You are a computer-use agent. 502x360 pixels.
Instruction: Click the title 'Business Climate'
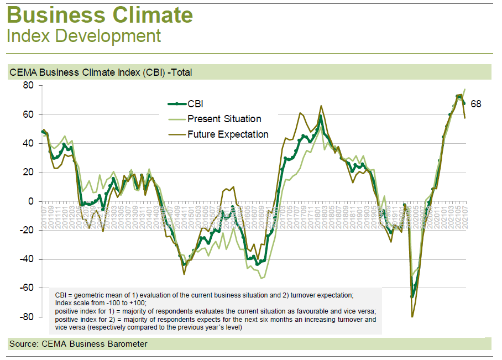click(x=100, y=15)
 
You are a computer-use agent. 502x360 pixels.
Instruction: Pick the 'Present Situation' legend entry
click(x=224, y=119)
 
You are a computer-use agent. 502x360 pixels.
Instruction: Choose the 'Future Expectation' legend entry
click(x=228, y=134)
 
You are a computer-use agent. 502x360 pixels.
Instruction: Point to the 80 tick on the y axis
click(x=28, y=86)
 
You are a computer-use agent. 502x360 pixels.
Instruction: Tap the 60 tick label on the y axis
click(x=28, y=114)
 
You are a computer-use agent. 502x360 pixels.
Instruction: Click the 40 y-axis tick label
click(x=28, y=143)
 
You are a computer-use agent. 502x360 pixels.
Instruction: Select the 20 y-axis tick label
click(x=28, y=173)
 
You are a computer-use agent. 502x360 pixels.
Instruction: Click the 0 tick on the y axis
click(x=31, y=201)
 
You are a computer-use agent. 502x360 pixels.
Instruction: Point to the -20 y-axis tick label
click(x=27, y=230)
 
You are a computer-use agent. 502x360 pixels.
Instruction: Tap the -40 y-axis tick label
click(x=27, y=259)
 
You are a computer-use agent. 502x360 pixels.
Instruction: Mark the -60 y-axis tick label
click(x=27, y=288)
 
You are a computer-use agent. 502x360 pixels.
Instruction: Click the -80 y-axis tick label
click(x=27, y=317)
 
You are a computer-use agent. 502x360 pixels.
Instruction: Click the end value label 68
click(x=475, y=104)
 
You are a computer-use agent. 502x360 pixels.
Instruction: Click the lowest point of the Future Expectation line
click(x=412, y=317)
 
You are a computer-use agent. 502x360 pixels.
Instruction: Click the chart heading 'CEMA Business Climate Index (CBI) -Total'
click(x=101, y=72)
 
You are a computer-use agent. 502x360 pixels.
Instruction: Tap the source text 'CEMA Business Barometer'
click(x=95, y=344)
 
